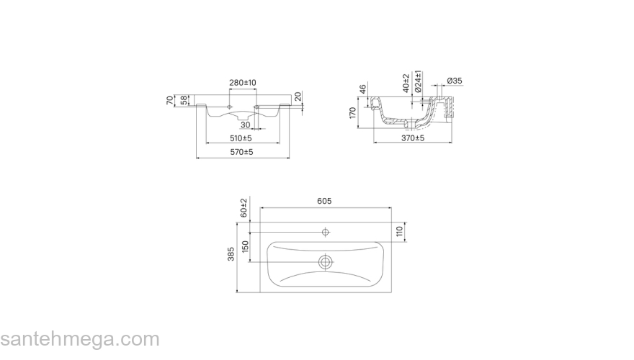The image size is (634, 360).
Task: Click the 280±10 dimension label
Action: [243, 83]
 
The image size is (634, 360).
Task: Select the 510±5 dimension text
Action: [241, 138]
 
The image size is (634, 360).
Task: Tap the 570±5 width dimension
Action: [242, 153]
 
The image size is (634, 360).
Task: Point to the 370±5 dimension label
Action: [413, 138]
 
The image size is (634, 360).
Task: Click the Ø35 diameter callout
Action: [455, 81]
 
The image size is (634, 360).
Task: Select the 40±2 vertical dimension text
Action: [406, 83]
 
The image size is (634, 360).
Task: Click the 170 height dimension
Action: [352, 113]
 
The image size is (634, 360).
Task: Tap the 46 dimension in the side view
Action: [362, 89]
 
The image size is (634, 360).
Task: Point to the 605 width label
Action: [324, 201]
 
